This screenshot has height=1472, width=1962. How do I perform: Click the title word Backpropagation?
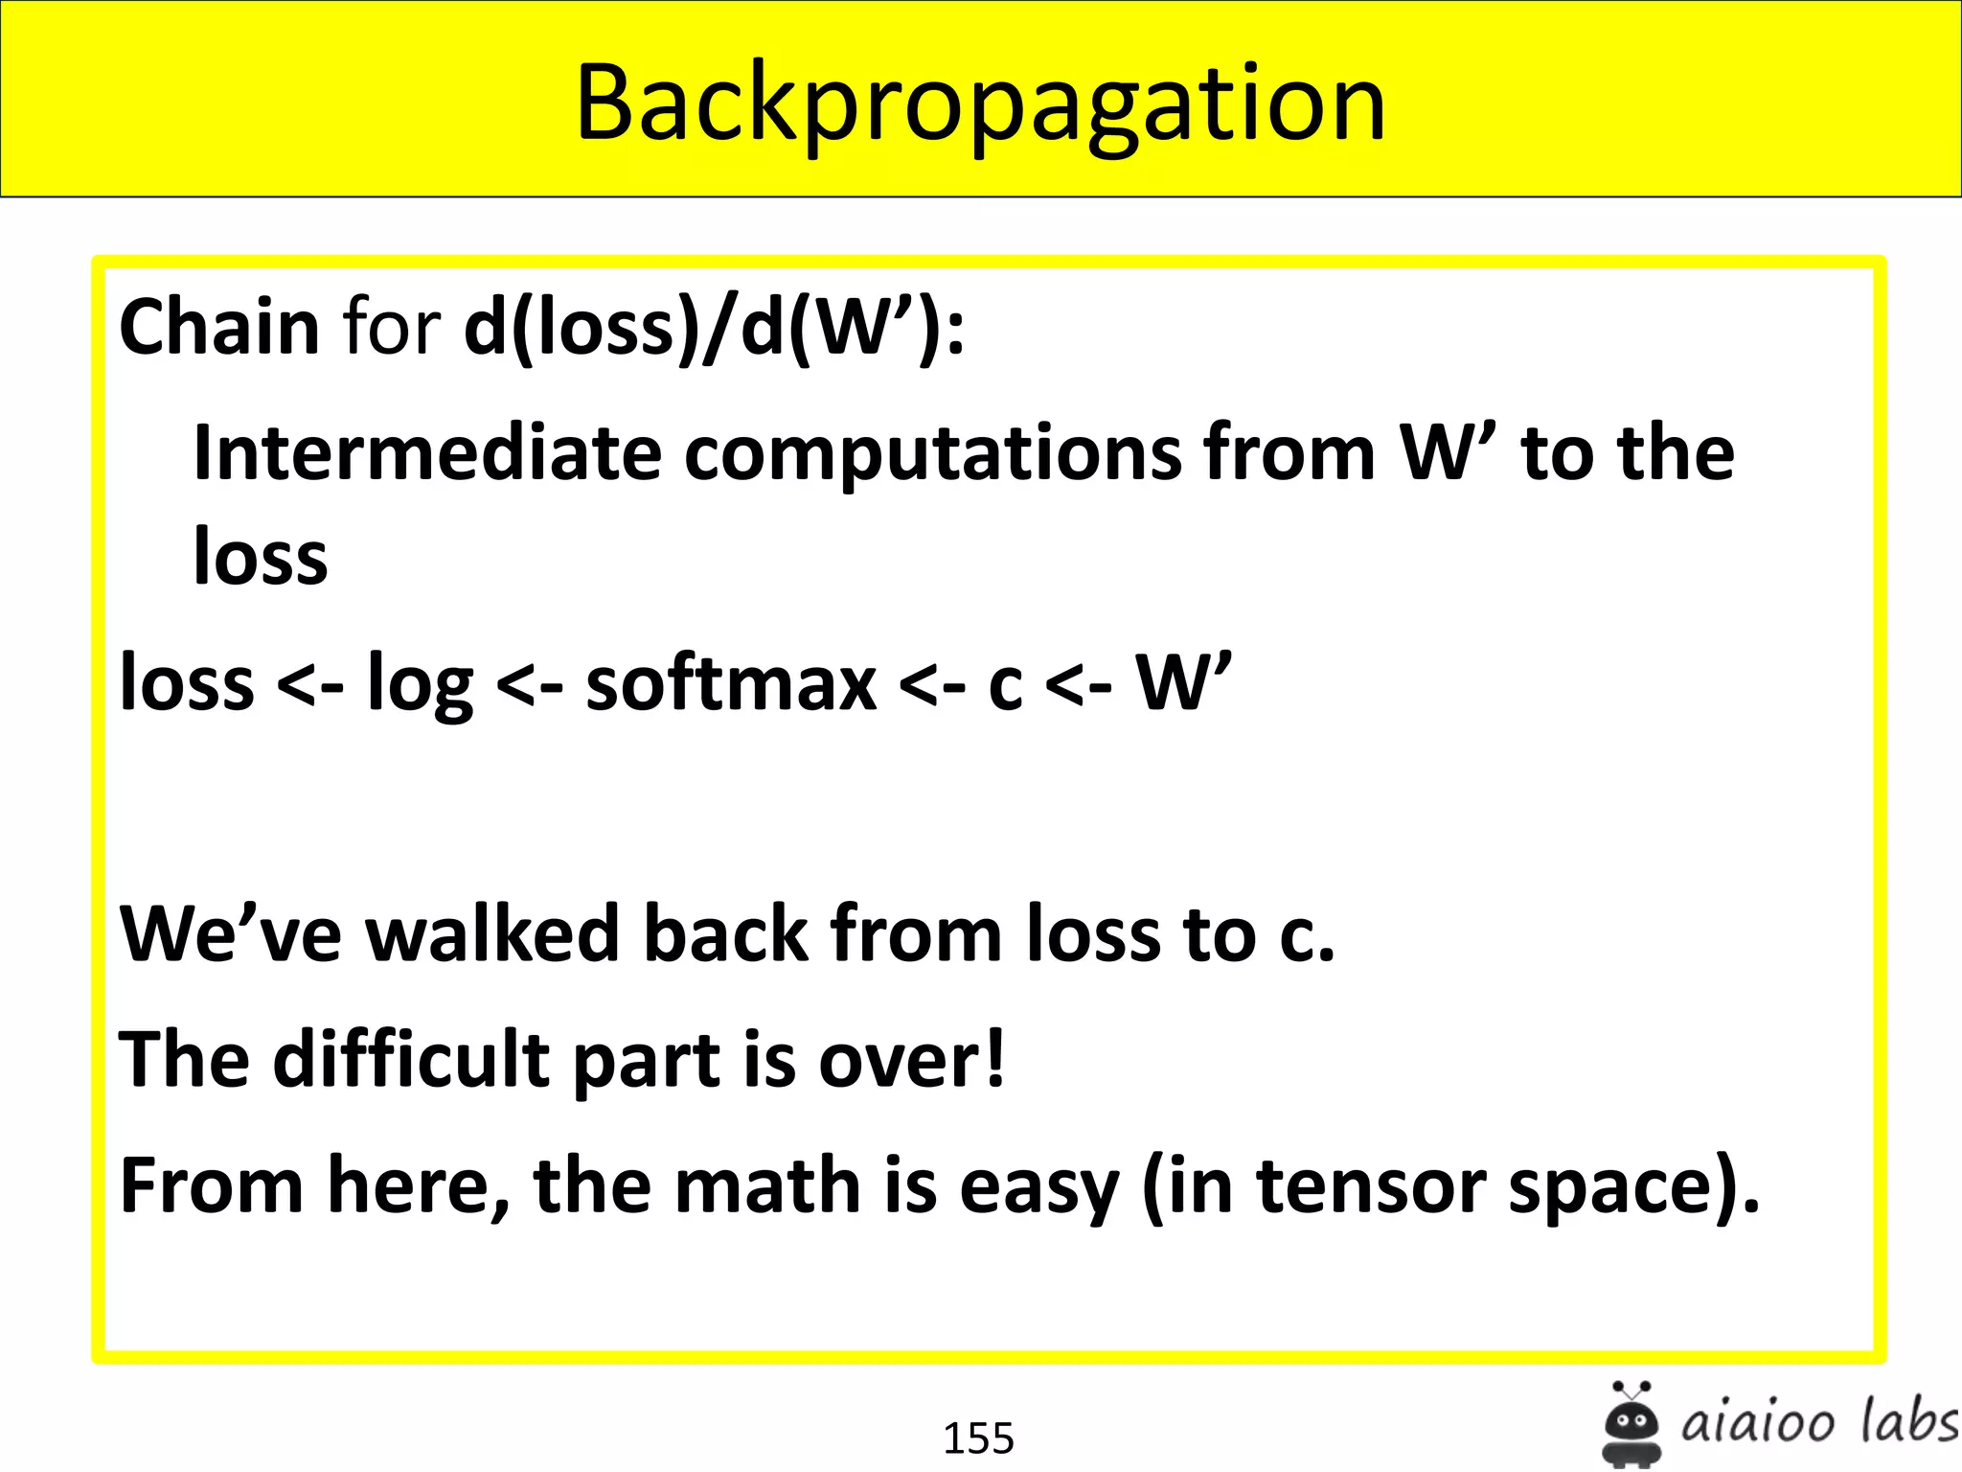click(x=980, y=103)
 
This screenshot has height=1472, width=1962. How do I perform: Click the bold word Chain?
click(x=218, y=328)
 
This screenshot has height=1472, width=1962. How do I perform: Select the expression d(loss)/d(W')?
click(x=714, y=328)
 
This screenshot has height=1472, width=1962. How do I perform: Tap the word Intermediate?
click(x=427, y=452)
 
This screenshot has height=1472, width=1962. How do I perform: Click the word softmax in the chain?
click(x=731, y=684)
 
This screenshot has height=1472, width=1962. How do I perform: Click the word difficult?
click(x=411, y=1060)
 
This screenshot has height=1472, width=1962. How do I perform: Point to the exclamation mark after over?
click(x=995, y=1058)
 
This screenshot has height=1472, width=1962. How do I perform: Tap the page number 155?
click(x=978, y=1438)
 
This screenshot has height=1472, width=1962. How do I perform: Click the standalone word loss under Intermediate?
click(x=261, y=558)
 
